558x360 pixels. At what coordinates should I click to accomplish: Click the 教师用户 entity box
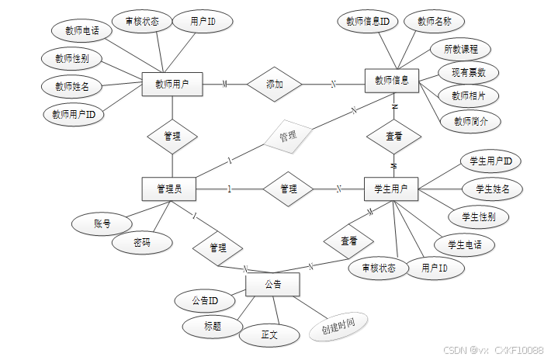172,84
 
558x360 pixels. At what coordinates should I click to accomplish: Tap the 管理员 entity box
169,189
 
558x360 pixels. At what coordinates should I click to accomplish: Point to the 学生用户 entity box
391,189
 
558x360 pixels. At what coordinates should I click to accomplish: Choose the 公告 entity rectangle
272,285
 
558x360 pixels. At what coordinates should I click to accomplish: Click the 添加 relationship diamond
274,84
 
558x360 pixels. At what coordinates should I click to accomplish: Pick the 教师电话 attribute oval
82,31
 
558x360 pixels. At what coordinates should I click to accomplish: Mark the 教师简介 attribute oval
470,121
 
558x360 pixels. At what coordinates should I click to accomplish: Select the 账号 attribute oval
102,224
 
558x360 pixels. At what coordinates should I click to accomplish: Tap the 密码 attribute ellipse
142,243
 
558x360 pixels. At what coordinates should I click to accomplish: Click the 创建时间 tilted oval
338,327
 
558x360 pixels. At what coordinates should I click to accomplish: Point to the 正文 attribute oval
269,336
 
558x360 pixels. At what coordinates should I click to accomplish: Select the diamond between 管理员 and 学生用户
288,189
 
